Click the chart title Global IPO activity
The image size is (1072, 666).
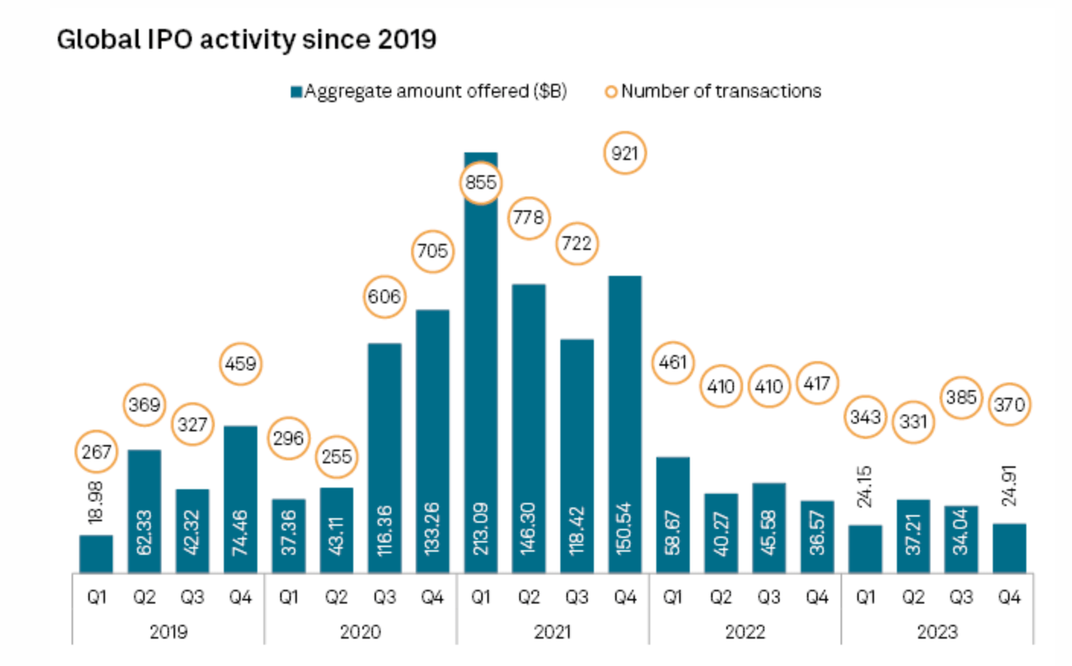point(246,40)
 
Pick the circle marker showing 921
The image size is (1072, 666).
point(624,153)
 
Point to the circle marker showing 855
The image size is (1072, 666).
point(480,183)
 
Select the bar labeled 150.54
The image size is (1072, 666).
point(624,427)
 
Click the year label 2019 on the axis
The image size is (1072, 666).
point(168,632)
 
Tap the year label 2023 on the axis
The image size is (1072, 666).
point(936,632)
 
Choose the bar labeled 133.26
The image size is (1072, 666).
point(432,442)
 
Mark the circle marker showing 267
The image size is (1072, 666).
point(97,452)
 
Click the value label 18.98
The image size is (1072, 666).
point(96,503)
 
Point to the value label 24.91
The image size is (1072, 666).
point(1010,485)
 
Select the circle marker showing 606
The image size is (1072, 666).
point(384,296)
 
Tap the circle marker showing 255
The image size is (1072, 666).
point(337,456)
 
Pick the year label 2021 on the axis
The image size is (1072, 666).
point(552,632)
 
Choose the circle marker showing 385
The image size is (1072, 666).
point(961,397)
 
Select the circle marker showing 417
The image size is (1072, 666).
point(817,383)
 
